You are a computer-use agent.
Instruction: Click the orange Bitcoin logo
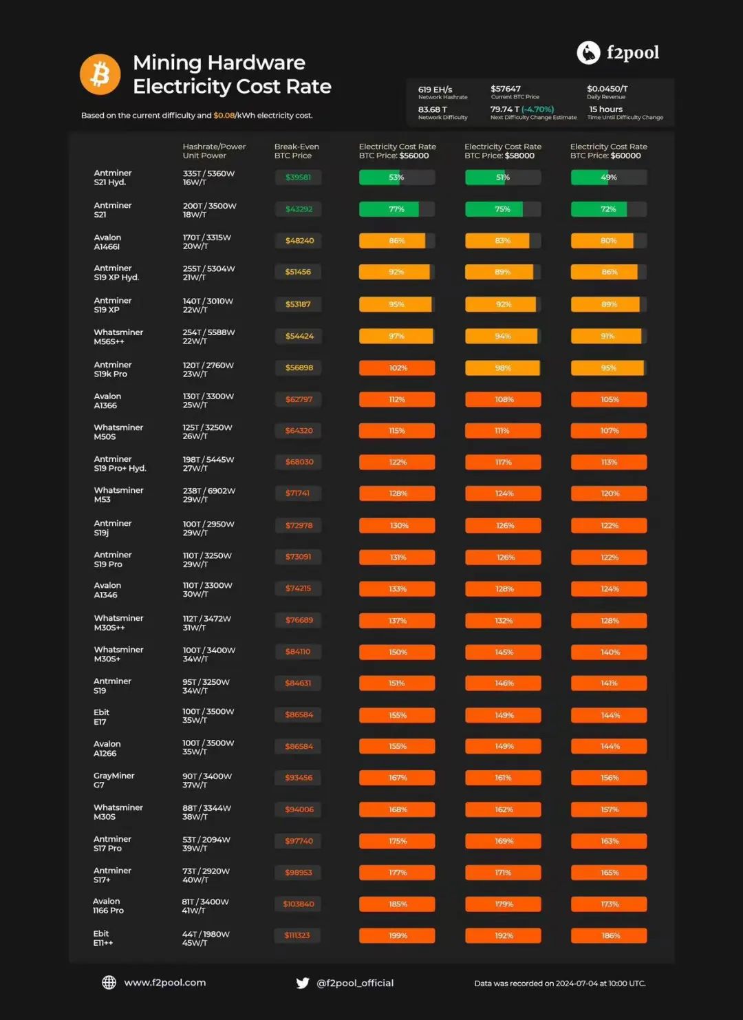pos(100,74)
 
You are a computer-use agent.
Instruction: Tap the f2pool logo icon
pos(588,52)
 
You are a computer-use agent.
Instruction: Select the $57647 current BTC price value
pos(506,89)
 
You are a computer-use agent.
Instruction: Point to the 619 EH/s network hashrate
pos(435,89)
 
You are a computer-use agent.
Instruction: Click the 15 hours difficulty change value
pos(605,109)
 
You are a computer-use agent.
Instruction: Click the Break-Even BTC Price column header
pos(297,151)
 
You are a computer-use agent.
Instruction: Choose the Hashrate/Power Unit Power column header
pos(214,151)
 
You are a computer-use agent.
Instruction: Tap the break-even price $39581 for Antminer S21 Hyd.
pos(298,178)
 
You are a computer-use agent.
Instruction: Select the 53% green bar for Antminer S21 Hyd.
pos(396,178)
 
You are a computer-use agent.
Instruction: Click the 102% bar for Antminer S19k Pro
pos(397,368)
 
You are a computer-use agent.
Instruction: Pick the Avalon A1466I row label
pos(107,242)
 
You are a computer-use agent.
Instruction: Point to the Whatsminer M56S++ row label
pos(118,337)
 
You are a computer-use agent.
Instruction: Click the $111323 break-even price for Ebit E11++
pos(297,935)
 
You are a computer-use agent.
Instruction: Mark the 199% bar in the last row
pos(397,935)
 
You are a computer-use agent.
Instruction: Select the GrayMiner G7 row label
pos(114,780)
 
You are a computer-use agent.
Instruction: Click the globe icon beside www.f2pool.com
pos(109,983)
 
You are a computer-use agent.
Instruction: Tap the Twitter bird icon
pos(302,983)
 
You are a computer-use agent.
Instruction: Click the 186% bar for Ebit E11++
pos(609,935)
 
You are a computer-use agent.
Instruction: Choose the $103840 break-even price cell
pos(298,904)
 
